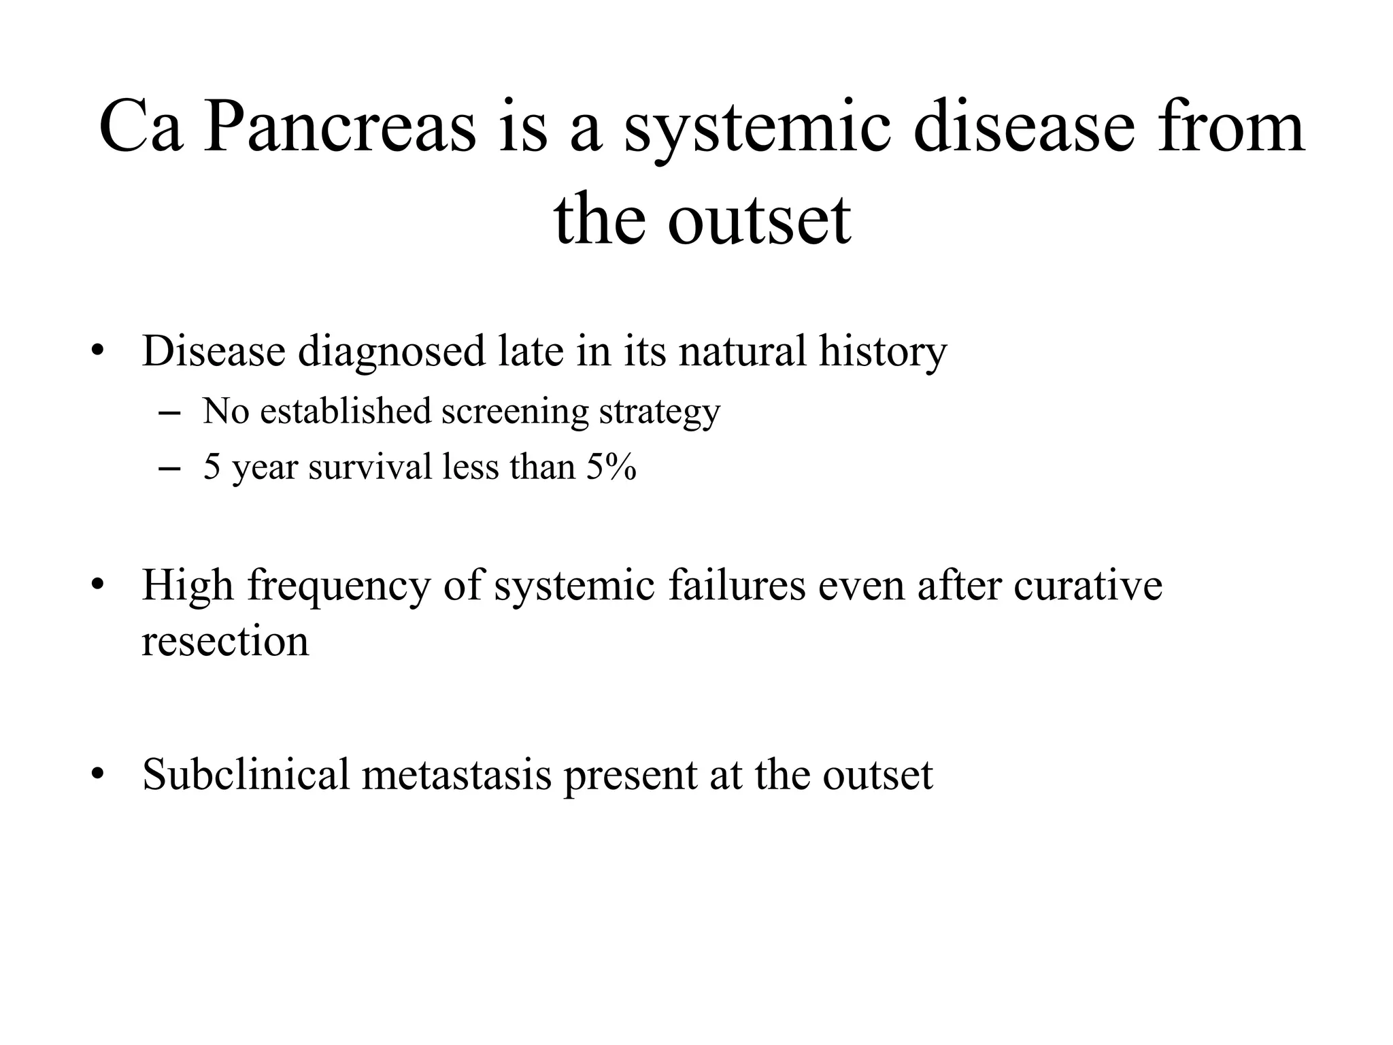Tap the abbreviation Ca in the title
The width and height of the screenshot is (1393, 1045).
[x=141, y=127]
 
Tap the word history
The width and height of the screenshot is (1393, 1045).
[x=882, y=352]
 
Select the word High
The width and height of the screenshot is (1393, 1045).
[x=187, y=585]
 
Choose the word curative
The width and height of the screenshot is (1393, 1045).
[x=1088, y=585]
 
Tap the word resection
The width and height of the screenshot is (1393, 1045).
[x=225, y=642]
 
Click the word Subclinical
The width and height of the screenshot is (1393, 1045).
[x=246, y=774]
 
